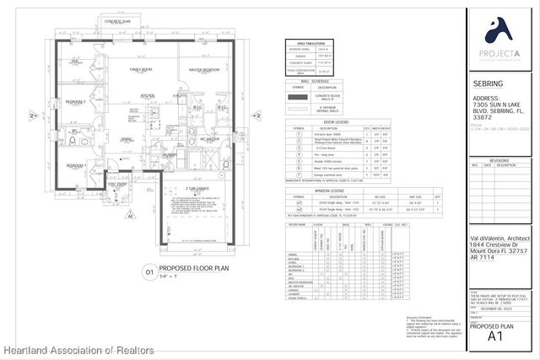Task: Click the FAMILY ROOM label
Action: [140, 68]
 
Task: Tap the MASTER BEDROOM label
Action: [203, 68]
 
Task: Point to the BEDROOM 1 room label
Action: [75, 165]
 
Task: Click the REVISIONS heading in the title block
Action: [499, 159]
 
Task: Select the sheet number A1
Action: [499, 336]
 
